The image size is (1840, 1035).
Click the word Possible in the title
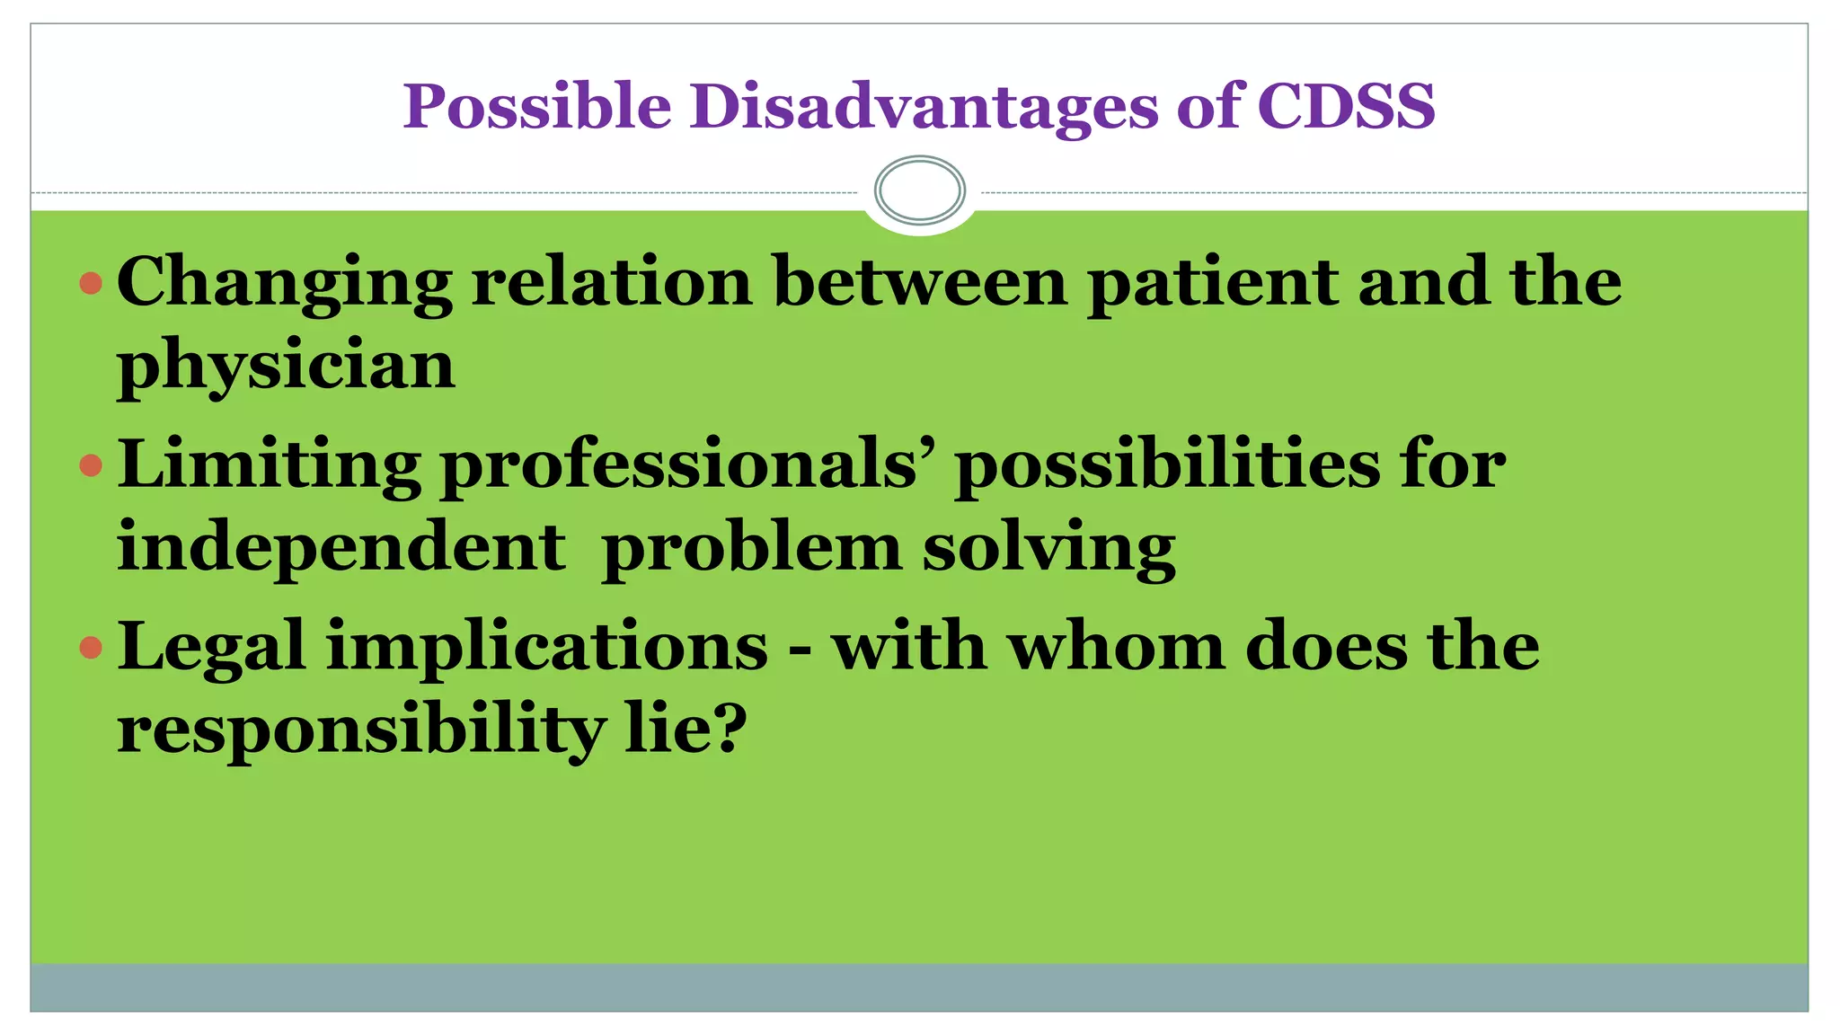tap(536, 107)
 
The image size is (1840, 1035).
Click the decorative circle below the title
tap(919, 190)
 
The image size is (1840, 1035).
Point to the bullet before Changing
tap(91, 285)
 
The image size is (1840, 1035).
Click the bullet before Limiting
tap(91, 465)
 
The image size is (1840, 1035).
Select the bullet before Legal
tap(91, 648)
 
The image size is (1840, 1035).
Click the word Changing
tap(284, 283)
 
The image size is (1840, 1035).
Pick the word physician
tap(286, 366)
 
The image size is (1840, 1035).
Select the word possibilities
tap(1167, 465)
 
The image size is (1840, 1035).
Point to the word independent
tap(341, 547)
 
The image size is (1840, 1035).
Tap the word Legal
tap(211, 648)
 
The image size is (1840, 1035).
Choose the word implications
tap(547, 648)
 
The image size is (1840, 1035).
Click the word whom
tap(1115, 646)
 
